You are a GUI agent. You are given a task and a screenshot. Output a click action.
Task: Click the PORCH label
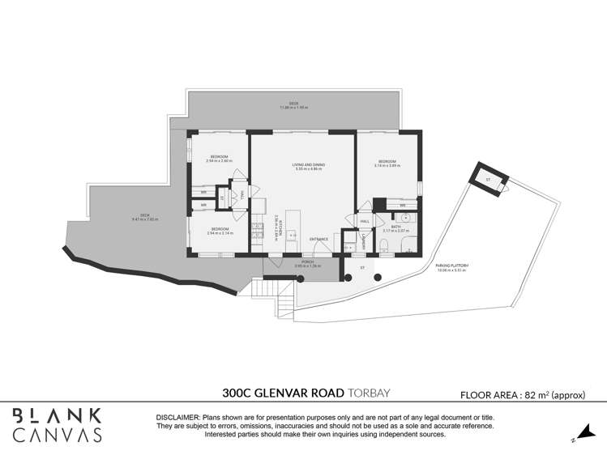[308, 262]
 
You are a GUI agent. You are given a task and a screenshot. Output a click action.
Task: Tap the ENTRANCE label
[319, 239]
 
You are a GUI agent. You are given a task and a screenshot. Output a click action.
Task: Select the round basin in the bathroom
[406, 218]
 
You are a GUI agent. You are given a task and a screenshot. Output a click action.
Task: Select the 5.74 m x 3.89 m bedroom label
[387, 165]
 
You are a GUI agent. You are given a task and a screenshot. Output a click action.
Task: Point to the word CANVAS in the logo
[58, 435]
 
